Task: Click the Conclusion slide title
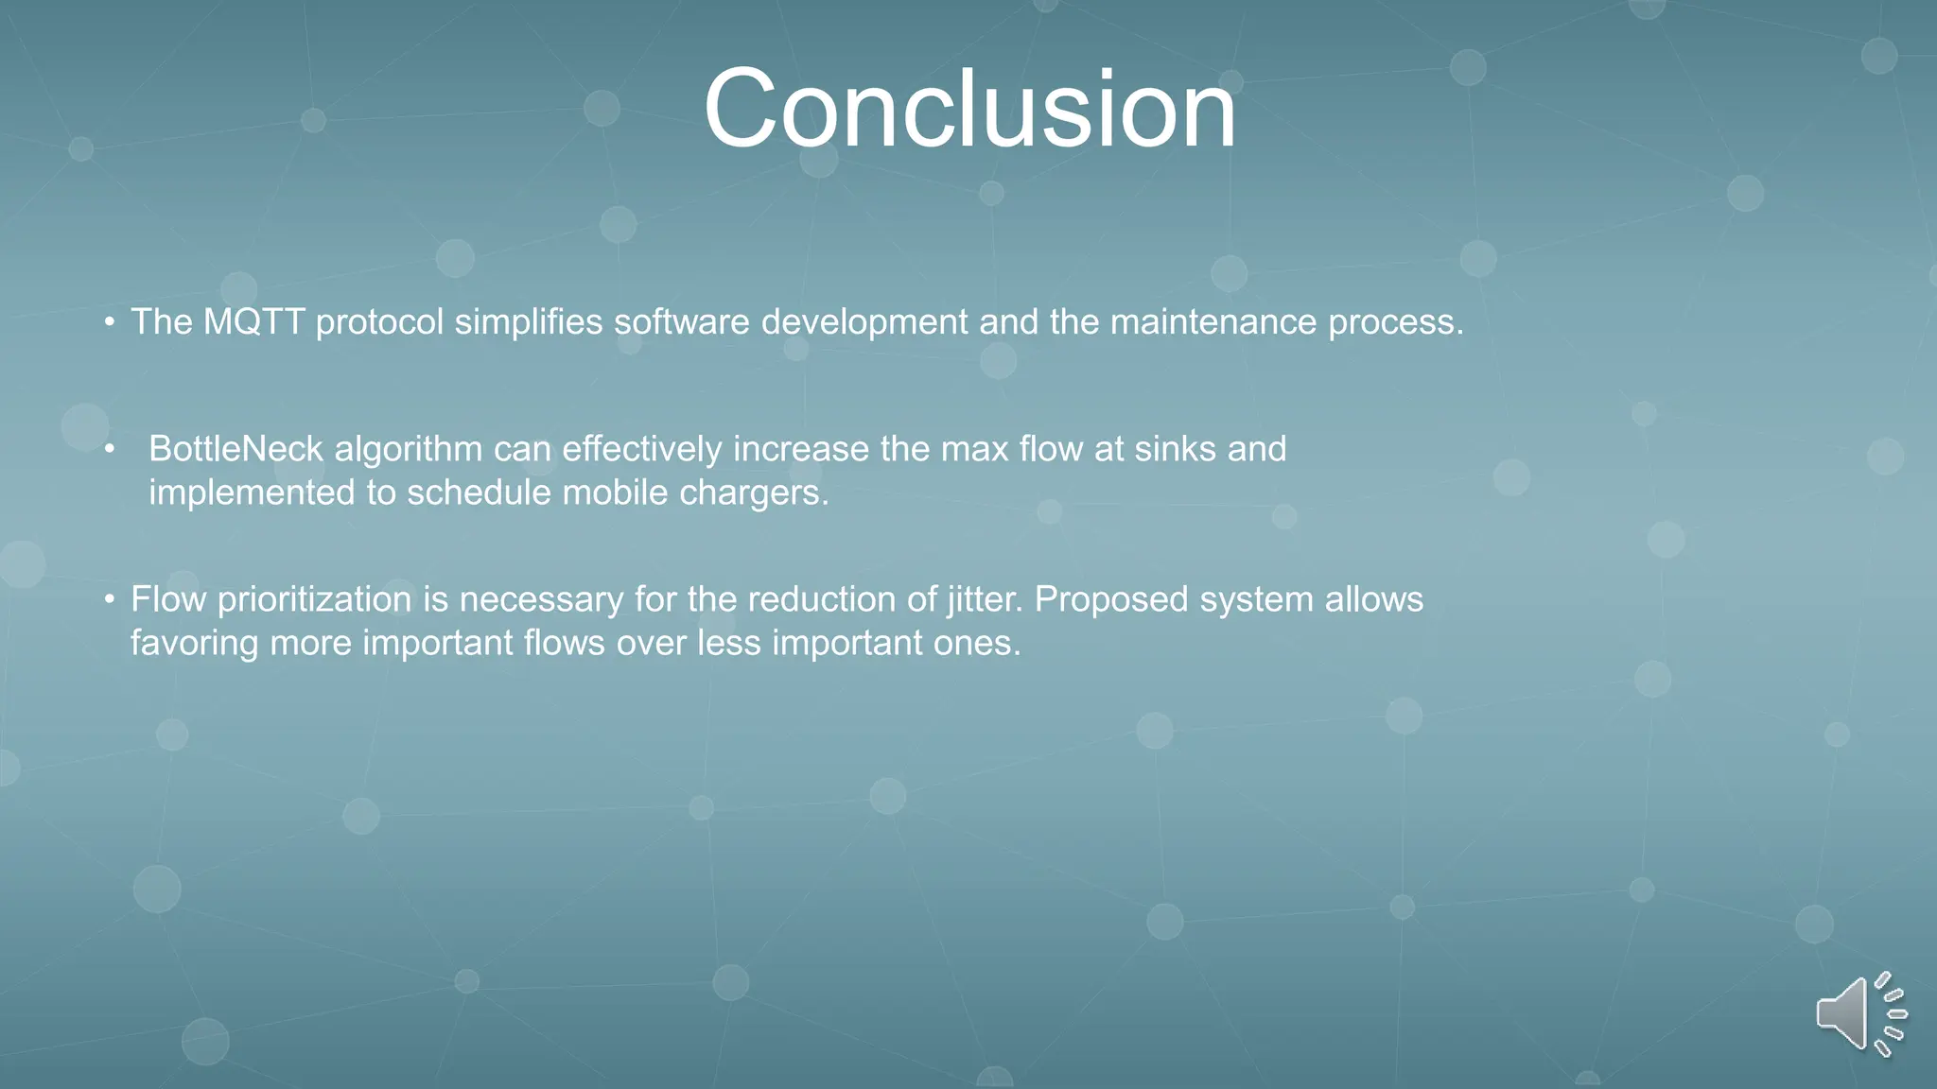[x=969, y=109]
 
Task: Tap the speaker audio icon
[x=1858, y=1014]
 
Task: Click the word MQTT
[x=253, y=322]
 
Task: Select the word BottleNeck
[x=236, y=449]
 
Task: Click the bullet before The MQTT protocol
[x=110, y=323]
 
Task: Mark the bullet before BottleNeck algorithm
[x=110, y=449]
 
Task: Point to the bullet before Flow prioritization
[x=110, y=599]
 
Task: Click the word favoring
[x=194, y=643]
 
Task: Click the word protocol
[x=379, y=322]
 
